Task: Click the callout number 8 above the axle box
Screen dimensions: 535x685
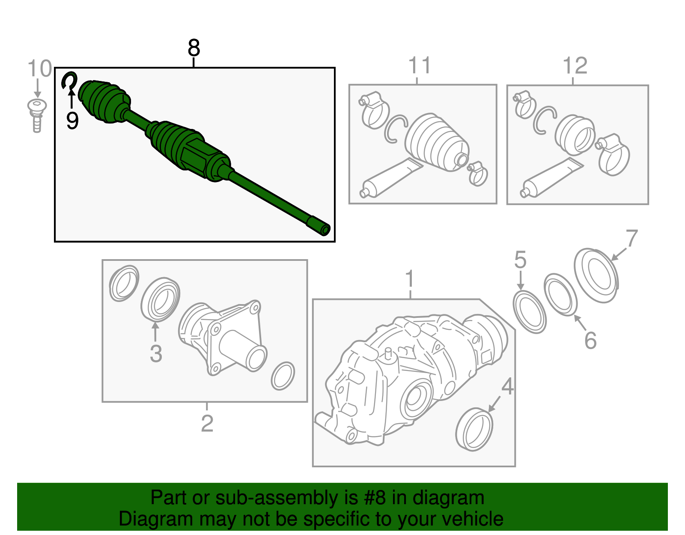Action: pyautogui.click(x=194, y=48)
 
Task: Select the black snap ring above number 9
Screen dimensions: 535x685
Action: pyautogui.click(x=69, y=80)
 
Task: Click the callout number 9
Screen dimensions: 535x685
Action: pyautogui.click(x=72, y=121)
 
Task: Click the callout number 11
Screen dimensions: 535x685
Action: pyautogui.click(x=419, y=66)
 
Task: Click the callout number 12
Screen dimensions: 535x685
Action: pyautogui.click(x=575, y=66)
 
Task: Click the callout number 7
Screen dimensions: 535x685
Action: pyautogui.click(x=631, y=238)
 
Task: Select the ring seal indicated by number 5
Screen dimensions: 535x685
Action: pyautogui.click(x=530, y=311)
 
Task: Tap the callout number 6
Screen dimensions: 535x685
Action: pyautogui.click(x=590, y=341)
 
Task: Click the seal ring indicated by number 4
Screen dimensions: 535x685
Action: pyautogui.click(x=474, y=430)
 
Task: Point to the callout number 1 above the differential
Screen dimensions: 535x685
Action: pyautogui.click(x=410, y=279)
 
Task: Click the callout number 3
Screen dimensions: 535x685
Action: pyautogui.click(x=156, y=354)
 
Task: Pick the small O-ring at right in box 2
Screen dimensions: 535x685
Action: pyautogui.click(x=283, y=376)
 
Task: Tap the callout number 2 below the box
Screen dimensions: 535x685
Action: pyautogui.click(x=207, y=423)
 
